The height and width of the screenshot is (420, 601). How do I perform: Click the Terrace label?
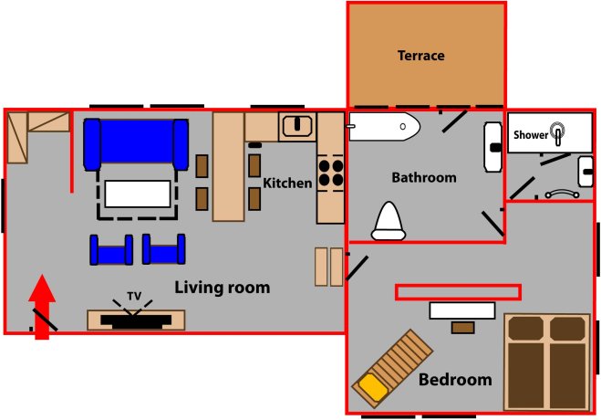click(420, 56)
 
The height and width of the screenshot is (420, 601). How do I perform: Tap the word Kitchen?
click(287, 183)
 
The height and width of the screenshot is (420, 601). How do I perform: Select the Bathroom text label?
click(424, 177)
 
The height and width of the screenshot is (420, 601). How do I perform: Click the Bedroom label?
click(455, 380)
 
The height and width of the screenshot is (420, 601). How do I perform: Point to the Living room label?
click(223, 288)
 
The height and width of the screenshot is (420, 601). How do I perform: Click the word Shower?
click(531, 135)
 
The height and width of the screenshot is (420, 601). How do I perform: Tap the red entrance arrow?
click(42, 307)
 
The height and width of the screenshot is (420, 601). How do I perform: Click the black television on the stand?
click(136, 321)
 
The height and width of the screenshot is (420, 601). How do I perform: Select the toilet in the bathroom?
click(389, 221)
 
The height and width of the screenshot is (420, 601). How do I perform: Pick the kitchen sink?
click(297, 126)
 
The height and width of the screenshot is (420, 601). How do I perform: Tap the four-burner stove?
click(331, 173)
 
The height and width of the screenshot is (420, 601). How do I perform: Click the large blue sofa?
click(136, 144)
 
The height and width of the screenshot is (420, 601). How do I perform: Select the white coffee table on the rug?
click(138, 194)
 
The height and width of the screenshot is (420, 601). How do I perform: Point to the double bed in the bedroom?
click(547, 362)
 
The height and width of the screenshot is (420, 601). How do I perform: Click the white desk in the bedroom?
click(462, 310)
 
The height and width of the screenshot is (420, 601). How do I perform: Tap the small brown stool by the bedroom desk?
click(463, 328)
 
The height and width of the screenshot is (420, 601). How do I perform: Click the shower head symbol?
click(558, 132)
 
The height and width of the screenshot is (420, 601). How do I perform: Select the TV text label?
click(134, 296)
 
